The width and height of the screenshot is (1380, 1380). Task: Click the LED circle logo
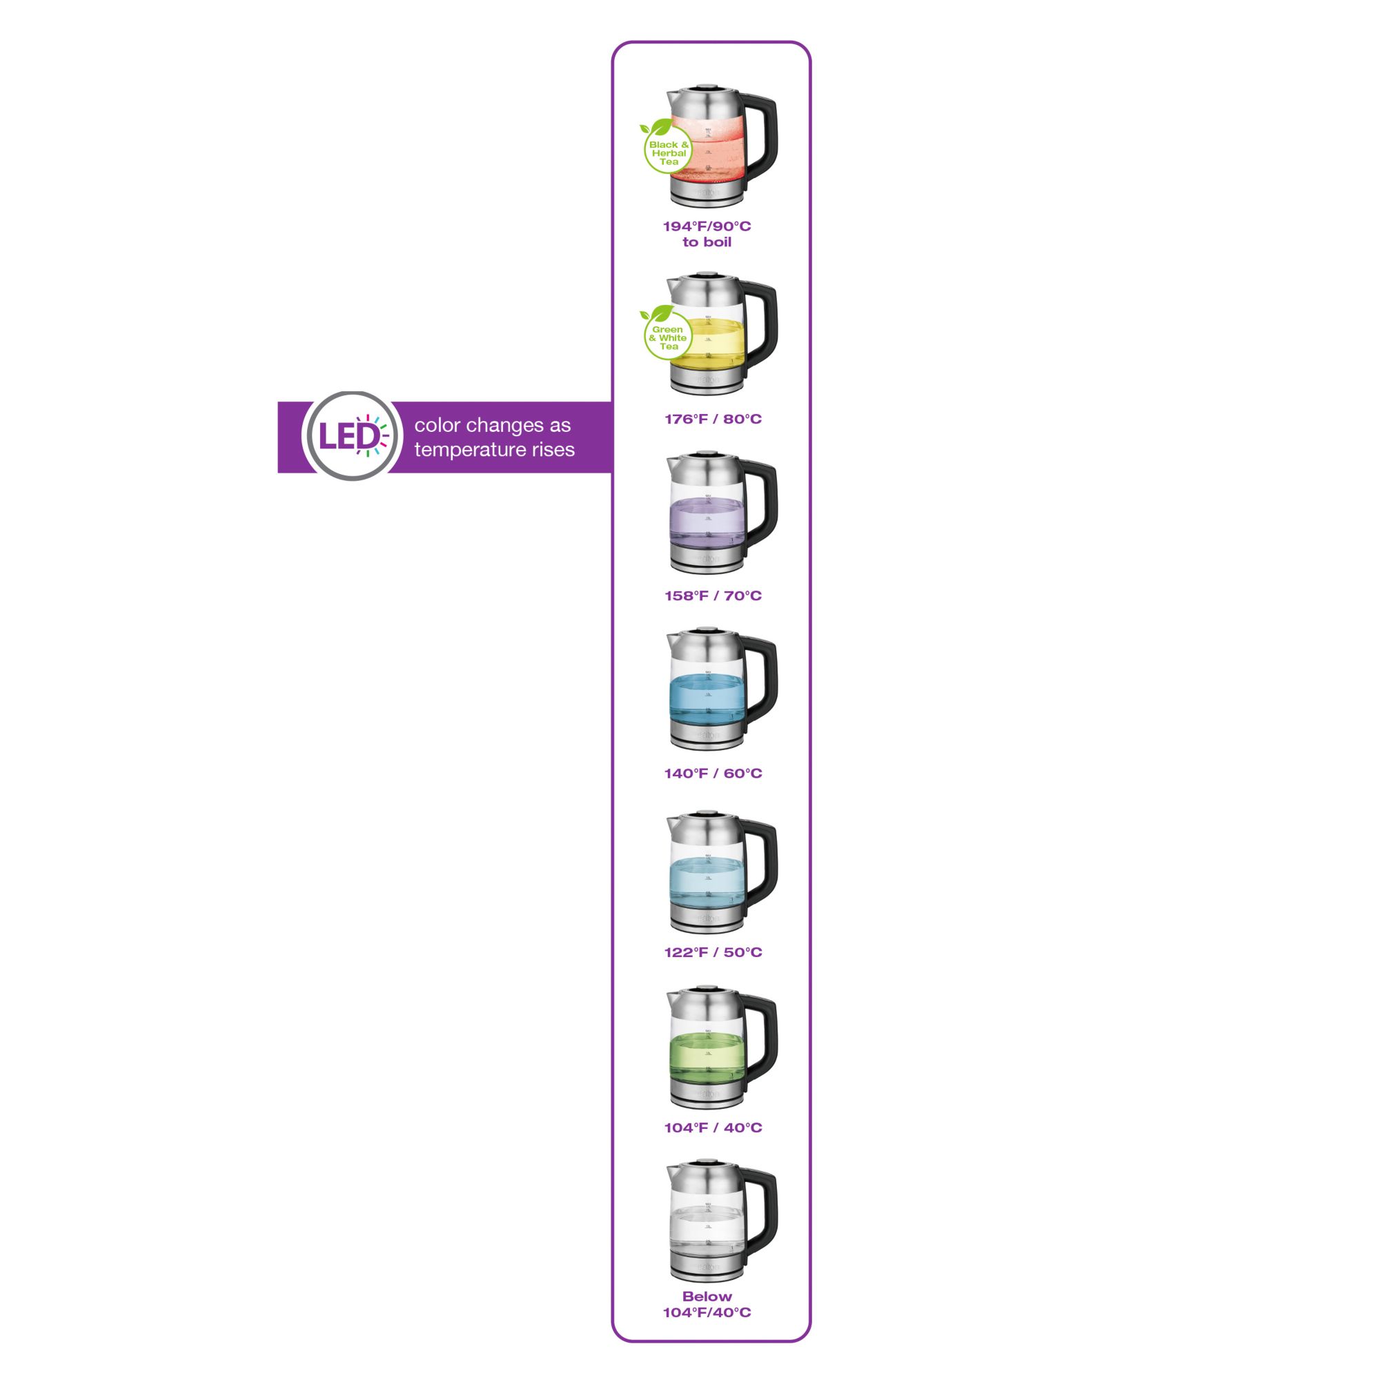(351, 435)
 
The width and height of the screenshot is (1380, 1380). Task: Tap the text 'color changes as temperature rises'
(493, 437)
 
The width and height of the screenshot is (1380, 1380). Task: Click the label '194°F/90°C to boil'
(707, 234)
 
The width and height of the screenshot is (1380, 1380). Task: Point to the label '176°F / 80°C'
(713, 419)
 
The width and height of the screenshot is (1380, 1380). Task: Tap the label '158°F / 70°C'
(713, 595)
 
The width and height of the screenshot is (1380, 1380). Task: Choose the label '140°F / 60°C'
(713, 773)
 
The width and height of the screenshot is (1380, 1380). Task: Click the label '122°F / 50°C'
(713, 952)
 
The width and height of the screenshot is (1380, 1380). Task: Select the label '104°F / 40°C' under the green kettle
(713, 1127)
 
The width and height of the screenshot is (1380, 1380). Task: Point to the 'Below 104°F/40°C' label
(707, 1303)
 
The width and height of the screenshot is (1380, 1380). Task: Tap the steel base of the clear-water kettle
(707, 1268)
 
